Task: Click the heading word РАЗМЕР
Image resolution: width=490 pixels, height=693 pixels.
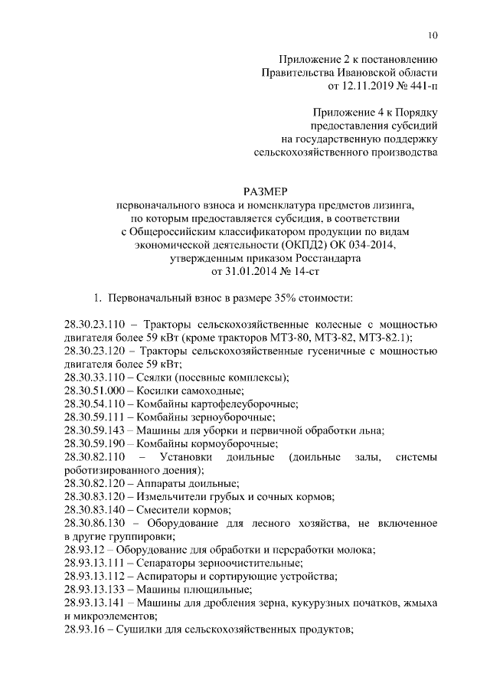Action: tap(266, 191)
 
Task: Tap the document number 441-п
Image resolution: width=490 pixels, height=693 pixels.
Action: tap(420, 86)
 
